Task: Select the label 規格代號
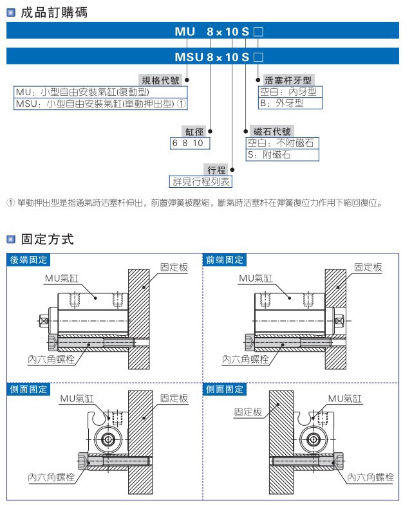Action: pos(160,80)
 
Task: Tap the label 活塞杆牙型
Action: pos(288,80)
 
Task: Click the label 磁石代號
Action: pos(274,131)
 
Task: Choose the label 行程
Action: pos(216,170)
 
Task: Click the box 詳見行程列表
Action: pos(200,181)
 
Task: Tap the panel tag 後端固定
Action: pos(28,260)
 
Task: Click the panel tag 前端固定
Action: pos(225,260)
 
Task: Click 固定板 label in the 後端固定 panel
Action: pos(174,267)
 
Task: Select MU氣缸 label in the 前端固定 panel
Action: pos(256,278)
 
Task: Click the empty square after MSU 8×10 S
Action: pos(259,57)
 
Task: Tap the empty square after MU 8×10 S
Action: pos(259,31)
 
